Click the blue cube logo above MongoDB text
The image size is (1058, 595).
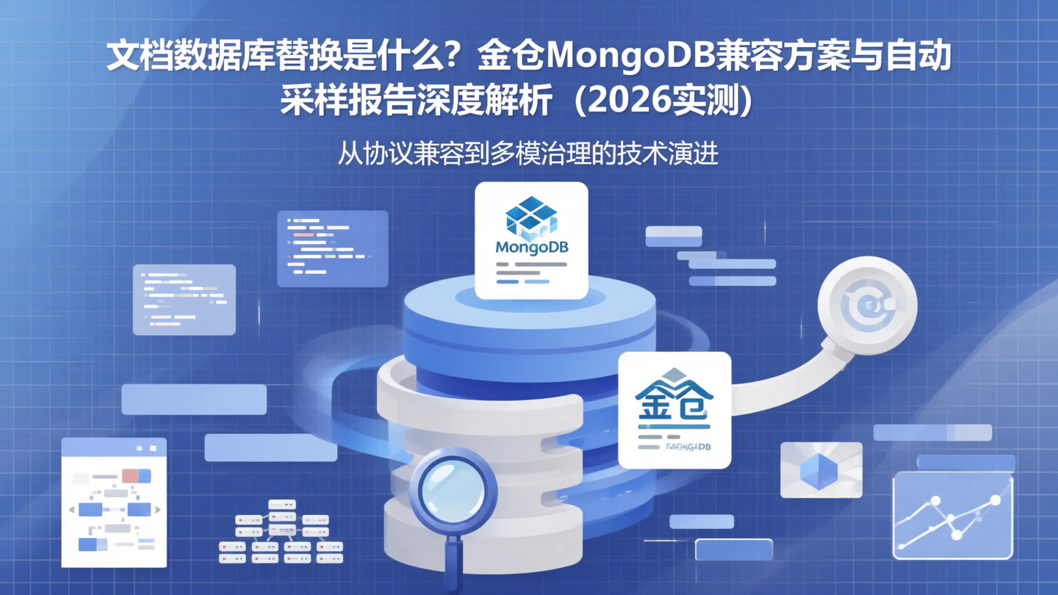(531, 217)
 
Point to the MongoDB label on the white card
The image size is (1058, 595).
(531, 248)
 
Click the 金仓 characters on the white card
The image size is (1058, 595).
(674, 400)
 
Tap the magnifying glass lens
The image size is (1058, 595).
(451, 490)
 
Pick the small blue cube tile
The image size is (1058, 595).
(821, 470)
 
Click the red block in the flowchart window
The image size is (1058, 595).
(132, 476)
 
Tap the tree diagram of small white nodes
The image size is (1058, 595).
(281, 531)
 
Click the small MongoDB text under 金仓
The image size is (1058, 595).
(688, 446)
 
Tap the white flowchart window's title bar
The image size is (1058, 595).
(114, 447)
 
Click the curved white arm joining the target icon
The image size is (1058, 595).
(786, 382)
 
